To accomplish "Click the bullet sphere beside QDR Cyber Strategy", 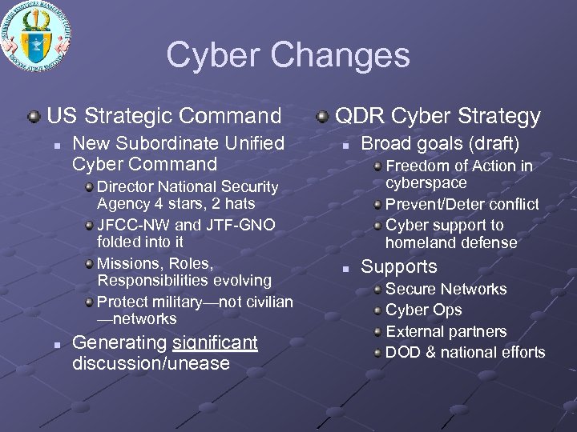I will pyautogui.click(x=322, y=117).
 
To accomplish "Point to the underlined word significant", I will pyautogui.click(x=215, y=343).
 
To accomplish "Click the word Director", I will pyautogui.click(x=125, y=187).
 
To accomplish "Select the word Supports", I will pyautogui.click(x=399, y=267).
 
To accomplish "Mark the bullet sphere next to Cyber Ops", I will pyautogui.click(x=377, y=310).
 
